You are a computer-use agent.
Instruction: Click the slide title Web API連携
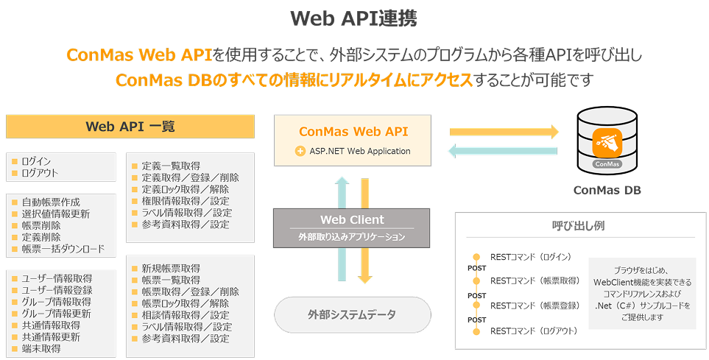(x=353, y=19)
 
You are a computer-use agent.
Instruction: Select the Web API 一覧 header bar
(x=130, y=126)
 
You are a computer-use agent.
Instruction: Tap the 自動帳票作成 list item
(x=50, y=202)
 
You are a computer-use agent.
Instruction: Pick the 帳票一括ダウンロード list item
(x=63, y=249)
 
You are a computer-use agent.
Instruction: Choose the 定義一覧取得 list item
(x=171, y=166)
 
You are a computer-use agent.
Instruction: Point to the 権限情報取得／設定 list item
(x=185, y=201)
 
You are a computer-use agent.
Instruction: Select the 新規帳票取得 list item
(x=171, y=268)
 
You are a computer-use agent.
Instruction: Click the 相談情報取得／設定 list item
(x=185, y=315)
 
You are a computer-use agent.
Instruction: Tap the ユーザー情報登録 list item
(x=57, y=290)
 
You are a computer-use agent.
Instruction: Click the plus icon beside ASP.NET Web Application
(x=300, y=152)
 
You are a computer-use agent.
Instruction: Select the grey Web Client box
(x=352, y=227)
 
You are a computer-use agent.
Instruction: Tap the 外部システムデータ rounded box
(x=352, y=314)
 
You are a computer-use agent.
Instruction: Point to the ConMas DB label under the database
(x=607, y=190)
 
